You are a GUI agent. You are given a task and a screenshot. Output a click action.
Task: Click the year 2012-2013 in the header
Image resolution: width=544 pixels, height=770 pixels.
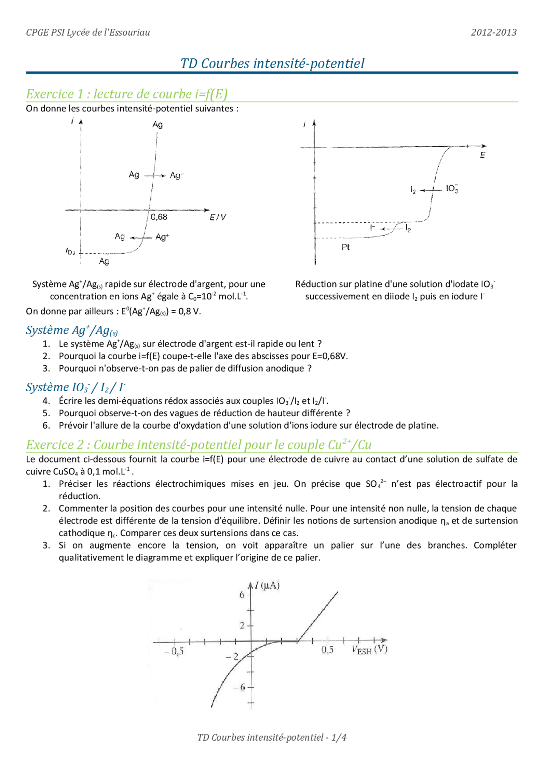493,32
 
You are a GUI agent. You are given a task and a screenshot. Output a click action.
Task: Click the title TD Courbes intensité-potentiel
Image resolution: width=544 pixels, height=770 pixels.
272,63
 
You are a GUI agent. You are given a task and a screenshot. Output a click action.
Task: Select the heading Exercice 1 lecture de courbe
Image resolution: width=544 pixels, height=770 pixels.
127,94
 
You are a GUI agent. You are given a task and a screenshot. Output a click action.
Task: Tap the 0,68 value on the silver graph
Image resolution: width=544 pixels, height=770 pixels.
159,217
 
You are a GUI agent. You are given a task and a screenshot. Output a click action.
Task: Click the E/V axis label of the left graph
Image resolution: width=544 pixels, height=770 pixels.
218,218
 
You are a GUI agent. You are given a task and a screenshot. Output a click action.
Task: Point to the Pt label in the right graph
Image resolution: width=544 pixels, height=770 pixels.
346,247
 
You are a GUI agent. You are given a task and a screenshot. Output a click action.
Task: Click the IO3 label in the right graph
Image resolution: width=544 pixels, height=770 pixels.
452,189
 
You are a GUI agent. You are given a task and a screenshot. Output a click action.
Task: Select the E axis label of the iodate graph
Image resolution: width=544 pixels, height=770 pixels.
482,156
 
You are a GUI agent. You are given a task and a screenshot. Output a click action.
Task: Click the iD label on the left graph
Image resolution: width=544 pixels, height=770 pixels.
71,251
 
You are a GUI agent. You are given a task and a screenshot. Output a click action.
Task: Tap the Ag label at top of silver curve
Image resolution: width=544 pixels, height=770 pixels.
158,125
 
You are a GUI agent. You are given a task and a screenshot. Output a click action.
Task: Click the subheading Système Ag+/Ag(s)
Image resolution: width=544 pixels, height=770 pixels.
72,330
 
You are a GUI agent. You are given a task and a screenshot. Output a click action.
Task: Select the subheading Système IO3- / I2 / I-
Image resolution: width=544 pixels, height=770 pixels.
76,387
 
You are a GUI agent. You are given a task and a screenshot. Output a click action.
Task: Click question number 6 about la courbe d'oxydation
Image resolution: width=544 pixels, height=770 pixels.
248,426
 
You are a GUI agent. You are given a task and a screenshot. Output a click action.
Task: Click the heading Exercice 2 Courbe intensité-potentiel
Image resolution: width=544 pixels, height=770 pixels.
198,445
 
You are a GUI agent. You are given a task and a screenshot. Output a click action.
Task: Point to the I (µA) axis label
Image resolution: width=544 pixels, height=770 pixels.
267,586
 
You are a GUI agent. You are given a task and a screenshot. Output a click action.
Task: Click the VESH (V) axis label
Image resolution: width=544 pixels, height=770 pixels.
369,650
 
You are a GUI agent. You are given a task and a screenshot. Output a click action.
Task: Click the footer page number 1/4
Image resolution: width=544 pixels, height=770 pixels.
339,738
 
